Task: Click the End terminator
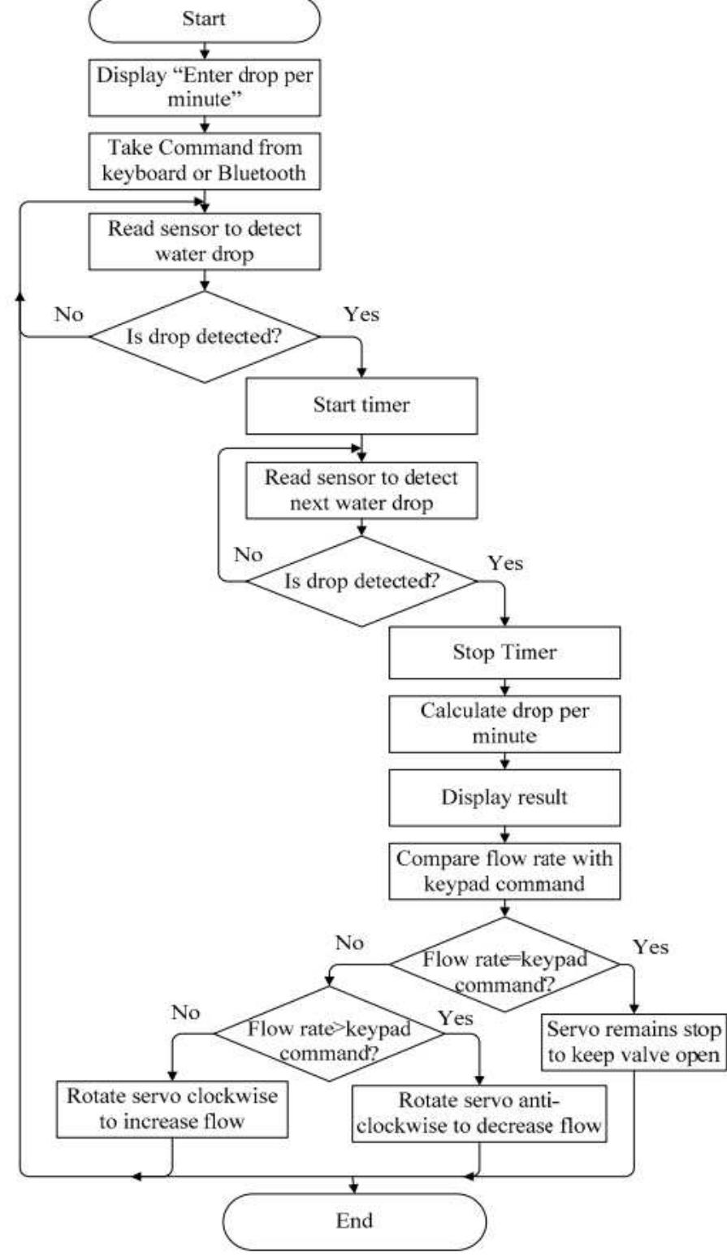pos(354,1220)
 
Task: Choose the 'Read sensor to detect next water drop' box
pos(361,490)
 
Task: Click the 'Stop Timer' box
pos(504,652)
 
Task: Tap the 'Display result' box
pos(504,797)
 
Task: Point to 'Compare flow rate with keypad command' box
pos(504,870)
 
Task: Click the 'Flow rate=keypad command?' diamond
pos(504,965)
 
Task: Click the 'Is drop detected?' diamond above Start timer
pos(204,335)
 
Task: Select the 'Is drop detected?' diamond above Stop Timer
pos(361,580)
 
